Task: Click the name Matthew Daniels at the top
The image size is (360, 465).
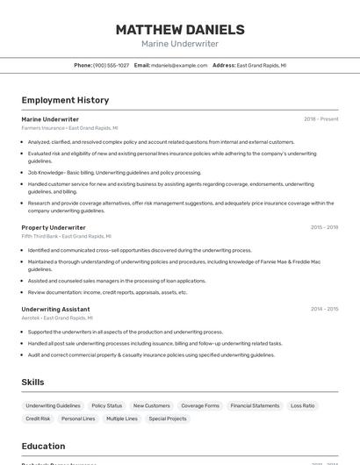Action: coord(180,29)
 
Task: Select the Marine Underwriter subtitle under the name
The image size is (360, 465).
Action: coord(180,44)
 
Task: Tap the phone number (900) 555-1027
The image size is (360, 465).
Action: coord(111,65)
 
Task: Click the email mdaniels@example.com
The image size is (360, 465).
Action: coord(179,65)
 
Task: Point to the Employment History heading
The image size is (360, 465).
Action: coord(65,100)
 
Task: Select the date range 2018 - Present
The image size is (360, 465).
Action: coord(320,118)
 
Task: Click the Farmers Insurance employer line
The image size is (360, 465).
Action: coord(69,127)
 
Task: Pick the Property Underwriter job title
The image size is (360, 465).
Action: coord(54,227)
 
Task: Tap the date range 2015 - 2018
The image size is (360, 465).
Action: coord(324,227)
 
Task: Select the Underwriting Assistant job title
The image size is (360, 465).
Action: coord(55,309)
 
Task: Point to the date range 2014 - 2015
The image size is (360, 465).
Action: coord(324,309)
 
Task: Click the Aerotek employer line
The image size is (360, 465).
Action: coord(57,318)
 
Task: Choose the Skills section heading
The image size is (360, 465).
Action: coord(32,383)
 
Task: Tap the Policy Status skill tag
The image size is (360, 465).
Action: coord(107,405)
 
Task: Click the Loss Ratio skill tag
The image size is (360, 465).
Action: coord(302,405)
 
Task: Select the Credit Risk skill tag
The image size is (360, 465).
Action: coord(38,418)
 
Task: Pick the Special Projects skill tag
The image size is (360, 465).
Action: coord(168,418)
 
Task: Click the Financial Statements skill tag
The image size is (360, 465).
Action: coord(255,405)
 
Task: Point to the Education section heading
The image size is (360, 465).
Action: coord(43,446)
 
